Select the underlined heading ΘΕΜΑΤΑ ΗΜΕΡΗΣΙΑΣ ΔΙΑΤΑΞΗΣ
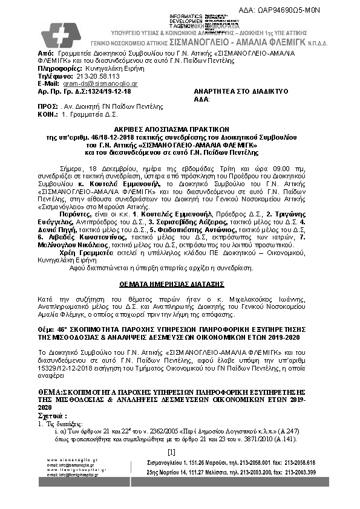click(180, 283)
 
